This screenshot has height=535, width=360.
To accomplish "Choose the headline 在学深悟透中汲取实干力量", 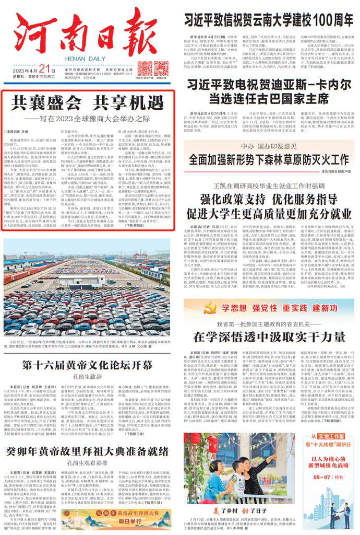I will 265,336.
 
